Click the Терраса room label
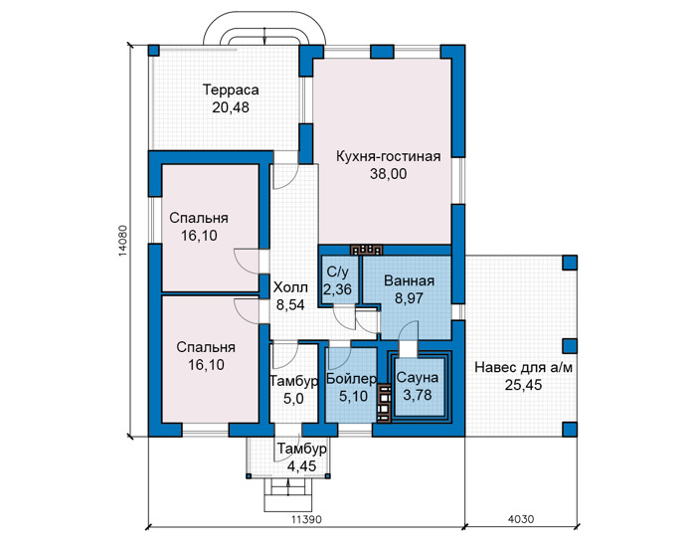pos(231,90)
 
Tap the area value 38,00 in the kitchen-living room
pos(389,174)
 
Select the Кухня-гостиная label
pos(389,157)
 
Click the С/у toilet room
pos(337,280)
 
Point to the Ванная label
pos(409,281)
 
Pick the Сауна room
pos(418,386)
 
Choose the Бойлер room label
pos(351,379)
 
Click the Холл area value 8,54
pos(290,304)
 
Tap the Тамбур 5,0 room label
pos(293,390)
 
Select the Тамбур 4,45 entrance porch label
pos(302,457)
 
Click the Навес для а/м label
pos(523,368)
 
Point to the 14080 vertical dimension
pos(123,241)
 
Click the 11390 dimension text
pos(306,519)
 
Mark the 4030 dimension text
pos(521,519)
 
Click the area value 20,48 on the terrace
pos(231,107)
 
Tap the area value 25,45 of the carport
pos(523,385)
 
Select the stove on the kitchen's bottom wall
pos(366,250)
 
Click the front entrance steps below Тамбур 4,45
pos(288,496)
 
